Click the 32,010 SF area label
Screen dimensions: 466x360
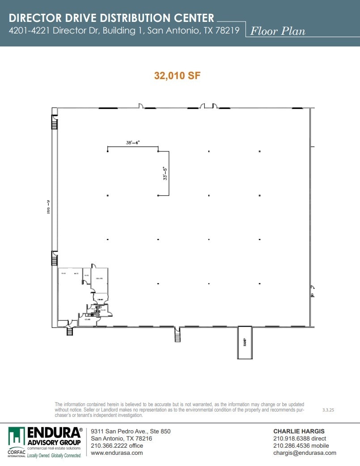177,76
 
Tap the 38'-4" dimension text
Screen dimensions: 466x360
133,143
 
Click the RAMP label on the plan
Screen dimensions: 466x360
245,342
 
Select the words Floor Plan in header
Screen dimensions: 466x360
278,31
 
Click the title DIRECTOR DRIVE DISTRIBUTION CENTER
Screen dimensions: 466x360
112,18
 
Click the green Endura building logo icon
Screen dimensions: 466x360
17,437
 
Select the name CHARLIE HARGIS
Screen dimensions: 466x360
299,431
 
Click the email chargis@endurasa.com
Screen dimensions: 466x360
305,453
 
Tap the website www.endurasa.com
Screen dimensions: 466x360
117,453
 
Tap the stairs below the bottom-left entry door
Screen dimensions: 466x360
70,331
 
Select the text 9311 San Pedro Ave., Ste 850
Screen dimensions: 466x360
131,431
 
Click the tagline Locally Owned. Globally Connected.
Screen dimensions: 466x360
54,455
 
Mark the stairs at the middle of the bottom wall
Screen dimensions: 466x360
178,335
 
